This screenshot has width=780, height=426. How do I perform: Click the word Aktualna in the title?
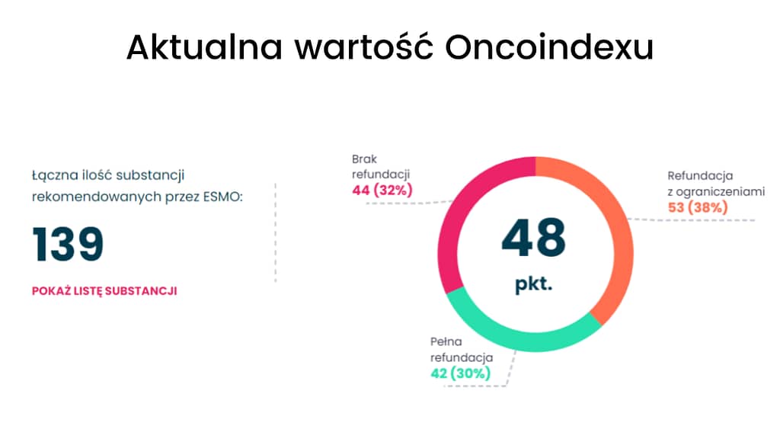204,48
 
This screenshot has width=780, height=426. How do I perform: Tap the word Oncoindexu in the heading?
549,48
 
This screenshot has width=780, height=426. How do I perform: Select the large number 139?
68,244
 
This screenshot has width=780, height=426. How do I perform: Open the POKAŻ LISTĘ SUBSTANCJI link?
104,291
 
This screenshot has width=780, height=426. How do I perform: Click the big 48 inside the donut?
534,238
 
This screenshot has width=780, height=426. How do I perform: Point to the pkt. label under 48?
534,284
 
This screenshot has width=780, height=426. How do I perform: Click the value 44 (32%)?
382,190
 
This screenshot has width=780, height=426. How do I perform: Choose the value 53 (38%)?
698,207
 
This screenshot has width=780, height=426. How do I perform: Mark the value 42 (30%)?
460,373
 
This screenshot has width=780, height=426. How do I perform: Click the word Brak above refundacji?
364,159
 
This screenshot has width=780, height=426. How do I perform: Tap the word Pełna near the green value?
446,342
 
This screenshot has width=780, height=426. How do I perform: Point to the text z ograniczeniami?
716,192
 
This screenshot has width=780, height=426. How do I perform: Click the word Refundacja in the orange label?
700,176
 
